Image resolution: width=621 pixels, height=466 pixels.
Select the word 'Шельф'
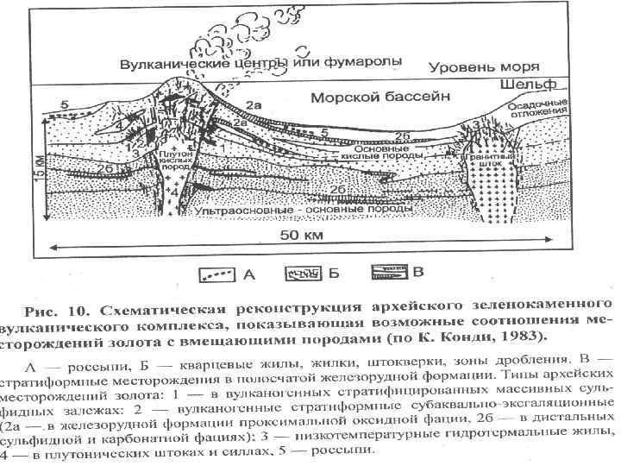pyautogui.click(x=528, y=85)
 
